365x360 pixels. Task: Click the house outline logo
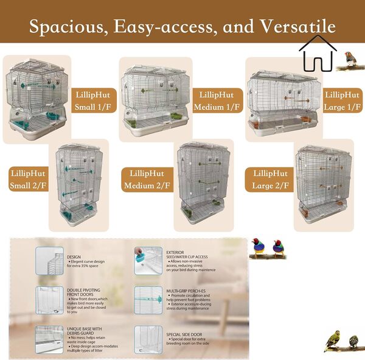coord(318,54)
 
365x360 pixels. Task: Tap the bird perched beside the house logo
coord(349,59)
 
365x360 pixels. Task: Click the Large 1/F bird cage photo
coord(282,101)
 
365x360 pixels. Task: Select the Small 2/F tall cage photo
coord(80,185)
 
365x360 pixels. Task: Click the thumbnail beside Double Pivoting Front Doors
coord(49,300)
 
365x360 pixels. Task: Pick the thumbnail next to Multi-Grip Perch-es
coord(148,300)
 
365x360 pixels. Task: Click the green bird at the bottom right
coord(332,341)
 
